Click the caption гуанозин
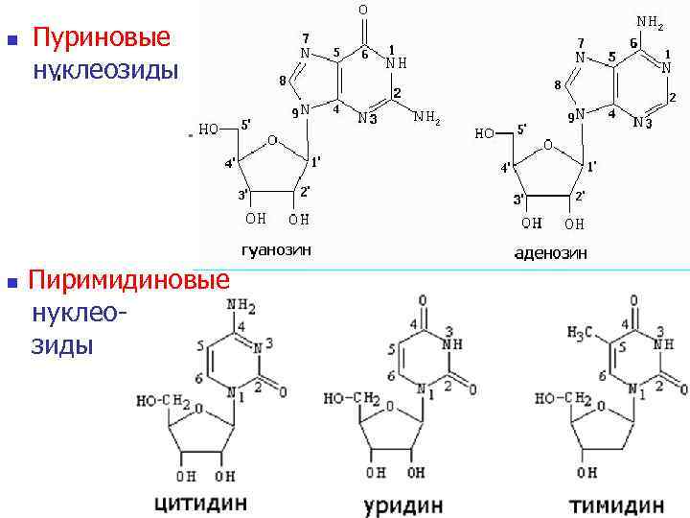[x=276, y=250]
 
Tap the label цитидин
[x=200, y=503]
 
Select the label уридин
[x=402, y=504]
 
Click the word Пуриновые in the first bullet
[x=102, y=37]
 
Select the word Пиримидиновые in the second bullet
[x=129, y=280]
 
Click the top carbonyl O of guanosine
[x=362, y=11]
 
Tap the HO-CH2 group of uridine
[x=348, y=398]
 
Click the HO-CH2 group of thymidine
[x=557, y=398]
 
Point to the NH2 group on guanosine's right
[x=426, y=119]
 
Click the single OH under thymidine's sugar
[x=586, y=473]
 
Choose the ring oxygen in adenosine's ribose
[x=548, y=145]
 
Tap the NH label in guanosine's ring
[x=396, y=63]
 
